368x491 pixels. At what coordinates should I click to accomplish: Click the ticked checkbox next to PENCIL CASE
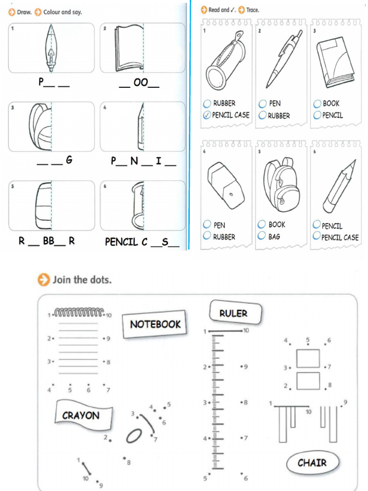point(207,115)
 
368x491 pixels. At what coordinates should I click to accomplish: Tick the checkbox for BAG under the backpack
point(262,236)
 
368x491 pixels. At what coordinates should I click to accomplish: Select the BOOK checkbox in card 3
point(317,103)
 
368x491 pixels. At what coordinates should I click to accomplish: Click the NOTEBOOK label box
point(155,324)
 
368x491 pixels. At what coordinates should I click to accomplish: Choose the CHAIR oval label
point(312,463)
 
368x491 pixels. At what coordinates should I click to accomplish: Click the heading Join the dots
point(81,280)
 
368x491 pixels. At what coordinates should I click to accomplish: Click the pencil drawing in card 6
point(339,187)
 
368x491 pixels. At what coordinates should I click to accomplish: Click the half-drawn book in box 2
point(128,48)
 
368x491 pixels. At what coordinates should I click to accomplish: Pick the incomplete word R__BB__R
point(46,241)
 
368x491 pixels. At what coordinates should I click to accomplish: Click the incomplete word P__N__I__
point(143,161)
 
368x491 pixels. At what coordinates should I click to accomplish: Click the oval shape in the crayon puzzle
point(134,435)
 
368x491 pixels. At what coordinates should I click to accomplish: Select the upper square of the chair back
point(308,358)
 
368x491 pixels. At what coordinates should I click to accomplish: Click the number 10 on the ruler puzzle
point(246,330)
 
